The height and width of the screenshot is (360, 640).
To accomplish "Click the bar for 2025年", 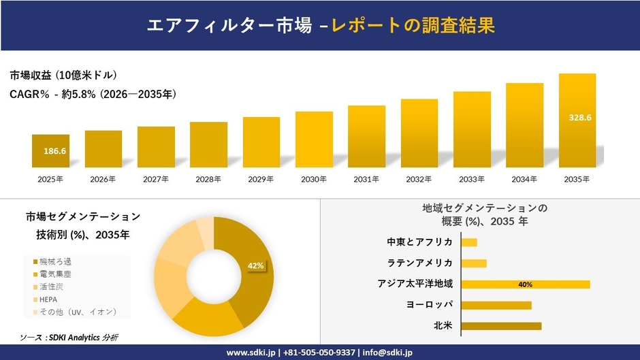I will (50, 151).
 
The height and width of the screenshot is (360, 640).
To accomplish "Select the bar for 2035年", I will (577, 120).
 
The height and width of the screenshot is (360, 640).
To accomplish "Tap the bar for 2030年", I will (314, 140).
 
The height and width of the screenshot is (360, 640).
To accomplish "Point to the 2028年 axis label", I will (208, 180).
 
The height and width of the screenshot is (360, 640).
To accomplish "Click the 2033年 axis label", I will (472, 180).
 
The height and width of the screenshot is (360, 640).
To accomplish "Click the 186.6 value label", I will (54, 150).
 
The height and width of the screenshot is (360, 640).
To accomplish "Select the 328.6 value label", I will (580, 118).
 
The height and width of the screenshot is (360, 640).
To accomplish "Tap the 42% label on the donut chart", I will (255, 265).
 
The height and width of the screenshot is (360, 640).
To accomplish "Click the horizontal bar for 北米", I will (501, 326).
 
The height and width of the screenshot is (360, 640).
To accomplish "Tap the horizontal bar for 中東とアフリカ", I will (469, 242).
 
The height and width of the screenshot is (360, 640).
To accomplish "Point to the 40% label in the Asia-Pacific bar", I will (525, 284).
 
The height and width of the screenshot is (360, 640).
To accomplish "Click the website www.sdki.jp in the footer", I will (250, 353).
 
